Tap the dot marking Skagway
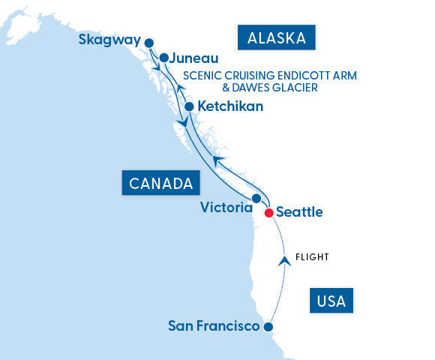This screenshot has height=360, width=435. tap(148, 43)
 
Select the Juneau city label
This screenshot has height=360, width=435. tap(193, 57)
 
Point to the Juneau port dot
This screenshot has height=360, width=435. tap(163, 57)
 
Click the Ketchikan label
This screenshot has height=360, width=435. tap(230, 106)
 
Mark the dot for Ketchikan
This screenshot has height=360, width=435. tap(189, 106)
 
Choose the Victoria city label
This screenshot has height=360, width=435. tap(226, 207)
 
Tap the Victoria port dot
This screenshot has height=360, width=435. tap(256, 199)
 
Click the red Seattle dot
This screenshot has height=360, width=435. tap(268, 213)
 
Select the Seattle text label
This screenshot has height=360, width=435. tap(299, 212)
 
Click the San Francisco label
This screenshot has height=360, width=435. tap(214, 326)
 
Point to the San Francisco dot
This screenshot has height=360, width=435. tap(268, 327)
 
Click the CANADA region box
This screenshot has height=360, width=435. tap(160, 182)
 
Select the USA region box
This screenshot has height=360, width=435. tap(331, 301)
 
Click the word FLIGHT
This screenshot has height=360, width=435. tap(312, 257)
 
